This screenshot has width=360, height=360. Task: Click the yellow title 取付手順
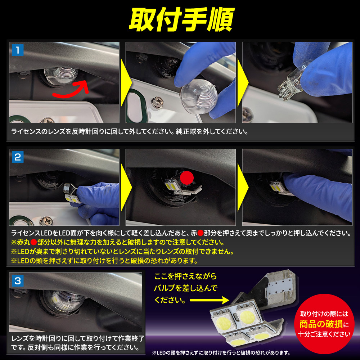(x=181, y=19)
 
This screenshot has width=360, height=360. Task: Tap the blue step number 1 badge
(x=18, y=50)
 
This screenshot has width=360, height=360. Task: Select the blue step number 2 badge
(x=18, y=157)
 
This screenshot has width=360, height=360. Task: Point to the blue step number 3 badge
(x=18, y=281)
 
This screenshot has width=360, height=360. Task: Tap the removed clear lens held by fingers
(x=199, y=96)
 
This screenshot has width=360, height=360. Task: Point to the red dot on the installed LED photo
(x=187, y=178)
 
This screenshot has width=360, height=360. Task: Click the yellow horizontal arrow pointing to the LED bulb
(x=209, y=300)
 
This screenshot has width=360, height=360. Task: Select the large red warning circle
(x=324, y=324)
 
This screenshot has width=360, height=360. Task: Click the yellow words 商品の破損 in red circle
(x=321, y=324)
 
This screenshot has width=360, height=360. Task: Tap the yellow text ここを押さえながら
(x=185, y=276)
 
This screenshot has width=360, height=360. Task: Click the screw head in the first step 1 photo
(x=47, y=120)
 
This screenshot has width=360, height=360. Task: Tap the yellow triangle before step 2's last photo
(x=242, y=187)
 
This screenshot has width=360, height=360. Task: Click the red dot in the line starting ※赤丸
(x=33, y=242)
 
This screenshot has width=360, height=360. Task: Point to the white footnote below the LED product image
(x=221, y=353)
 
